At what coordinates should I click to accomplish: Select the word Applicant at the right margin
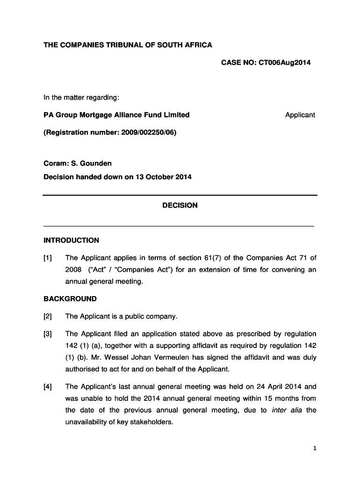pyautogui.click(x=300, y=115)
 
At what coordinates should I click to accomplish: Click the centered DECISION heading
pyautogui.click(x=180, y=205)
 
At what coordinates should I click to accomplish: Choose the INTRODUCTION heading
pyautogui.click(x=71, y=240)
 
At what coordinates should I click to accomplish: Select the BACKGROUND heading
pyautogui.click(x=70, y=299)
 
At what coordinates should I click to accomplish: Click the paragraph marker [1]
pyautogui.click(x=48, y=258)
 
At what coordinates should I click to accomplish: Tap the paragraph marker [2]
pyautogui.click(x=48, y=317)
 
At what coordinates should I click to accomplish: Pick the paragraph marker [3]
pyautogui.click(x=48, y=334)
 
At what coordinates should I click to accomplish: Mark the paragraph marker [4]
pyautogui.click(x=48, y=387)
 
